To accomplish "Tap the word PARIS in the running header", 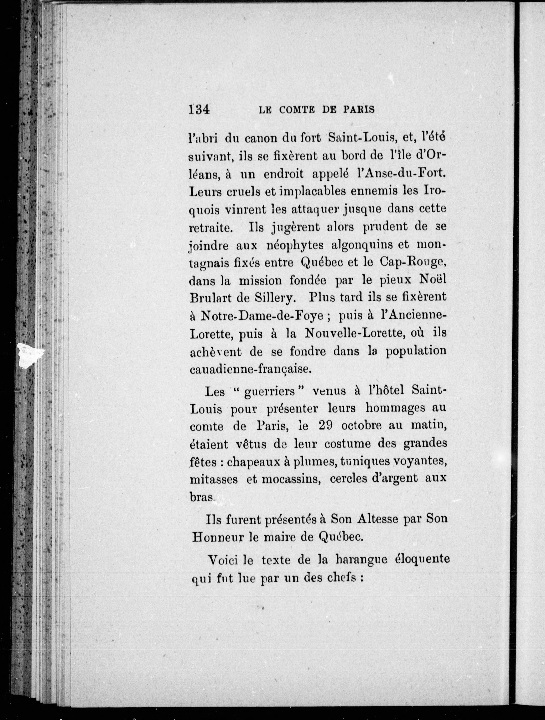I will tap(358, 110).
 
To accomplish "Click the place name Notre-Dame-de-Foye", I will tap(262, 316).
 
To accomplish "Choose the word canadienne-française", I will tap(250, 370).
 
